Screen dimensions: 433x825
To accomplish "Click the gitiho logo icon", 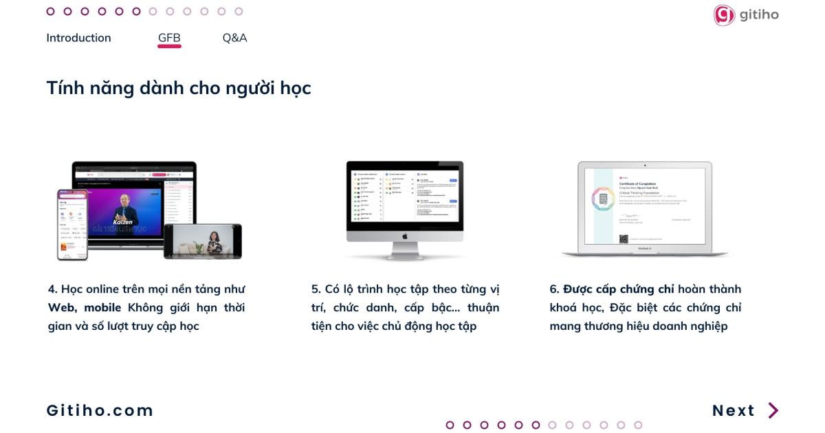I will (x=724, y=15).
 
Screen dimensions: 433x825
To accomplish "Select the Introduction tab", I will (x=78, y=38).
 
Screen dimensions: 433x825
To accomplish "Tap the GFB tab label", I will (x=169, y=38).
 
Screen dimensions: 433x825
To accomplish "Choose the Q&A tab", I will (x=234, y=38).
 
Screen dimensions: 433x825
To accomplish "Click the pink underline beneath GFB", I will (x=169, y=47).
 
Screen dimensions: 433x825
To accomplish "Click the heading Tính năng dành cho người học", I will (x=178, y=88).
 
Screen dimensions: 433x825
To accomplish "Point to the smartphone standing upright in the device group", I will (x=72, y=225).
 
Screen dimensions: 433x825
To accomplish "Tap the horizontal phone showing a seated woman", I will (x=203, y=241).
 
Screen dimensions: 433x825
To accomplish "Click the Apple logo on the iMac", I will (x=405, y=236).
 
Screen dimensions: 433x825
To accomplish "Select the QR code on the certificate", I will (x=624, y=239).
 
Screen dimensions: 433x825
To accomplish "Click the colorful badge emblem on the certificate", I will (x=603, y=199).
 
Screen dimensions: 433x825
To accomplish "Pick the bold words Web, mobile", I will (x=85, y=307).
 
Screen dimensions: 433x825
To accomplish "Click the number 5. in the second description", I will (x=316, y=289).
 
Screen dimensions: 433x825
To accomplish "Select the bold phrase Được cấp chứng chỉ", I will (x=619, y=289).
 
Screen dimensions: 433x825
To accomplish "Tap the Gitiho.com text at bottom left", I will (x=100, y=410).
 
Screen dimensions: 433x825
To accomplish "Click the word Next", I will (x=734, y=410).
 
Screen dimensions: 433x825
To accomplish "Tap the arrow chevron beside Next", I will (x=773, y=410).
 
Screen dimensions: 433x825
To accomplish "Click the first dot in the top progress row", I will (x=50, y=11).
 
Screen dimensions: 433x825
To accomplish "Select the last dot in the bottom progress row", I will (x=638, y=425).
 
